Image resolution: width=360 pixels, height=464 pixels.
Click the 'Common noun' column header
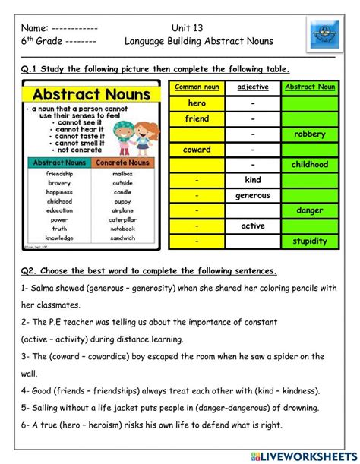click(197, 87)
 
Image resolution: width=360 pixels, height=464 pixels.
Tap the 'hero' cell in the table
click(197, 103)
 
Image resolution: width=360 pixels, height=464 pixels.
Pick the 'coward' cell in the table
click(197, 150)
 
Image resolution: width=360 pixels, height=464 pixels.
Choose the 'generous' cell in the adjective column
click(253, 195)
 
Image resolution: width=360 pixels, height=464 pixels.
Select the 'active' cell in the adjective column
click(253, 226)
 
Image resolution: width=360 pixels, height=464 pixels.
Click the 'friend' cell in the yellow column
click(197, 118)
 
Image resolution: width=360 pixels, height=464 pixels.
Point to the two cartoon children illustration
click(137, 130)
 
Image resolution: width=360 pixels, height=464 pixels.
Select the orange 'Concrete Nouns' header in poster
click(123, 163)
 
